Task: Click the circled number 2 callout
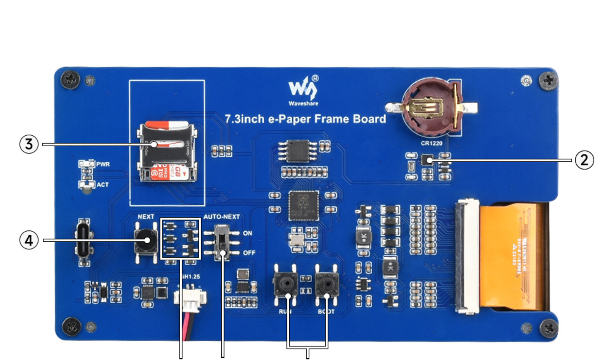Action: (x=584, y=160)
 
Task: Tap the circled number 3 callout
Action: (x=29, y=144)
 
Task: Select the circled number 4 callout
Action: (x=29, y=240)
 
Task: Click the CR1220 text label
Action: (x=431, y=143)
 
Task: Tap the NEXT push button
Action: (x=146, y=240)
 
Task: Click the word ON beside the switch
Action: (x=248, y=233)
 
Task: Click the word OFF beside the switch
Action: (x=249, y=253)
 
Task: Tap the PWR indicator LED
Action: (x=86, y=164)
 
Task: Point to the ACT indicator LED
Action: (x=86, y=185)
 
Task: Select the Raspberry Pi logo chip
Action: (x=303, y=205)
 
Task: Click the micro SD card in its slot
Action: (x=167, y=152)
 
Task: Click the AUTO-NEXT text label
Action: (x=222, y=217)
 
